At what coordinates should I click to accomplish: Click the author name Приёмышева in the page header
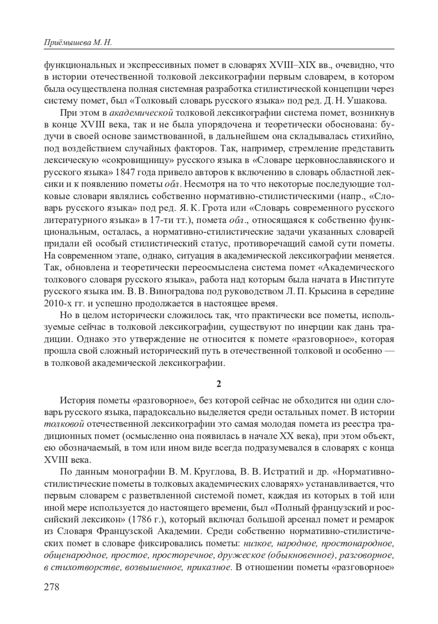coord(64,43)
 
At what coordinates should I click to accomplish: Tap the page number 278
coord(51,587)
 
